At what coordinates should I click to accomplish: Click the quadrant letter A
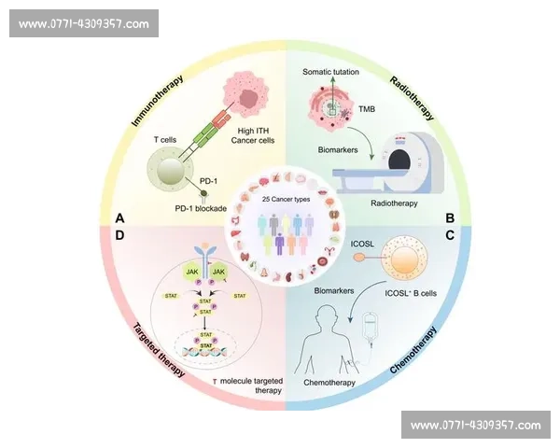[x=119, y=218]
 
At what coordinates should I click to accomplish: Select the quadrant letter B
[x=449, y=218]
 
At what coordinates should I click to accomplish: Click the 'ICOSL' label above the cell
[x=363, y=247]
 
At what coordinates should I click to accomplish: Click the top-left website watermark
[x=85, y=23]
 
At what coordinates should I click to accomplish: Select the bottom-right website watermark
[x=475, y=425]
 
